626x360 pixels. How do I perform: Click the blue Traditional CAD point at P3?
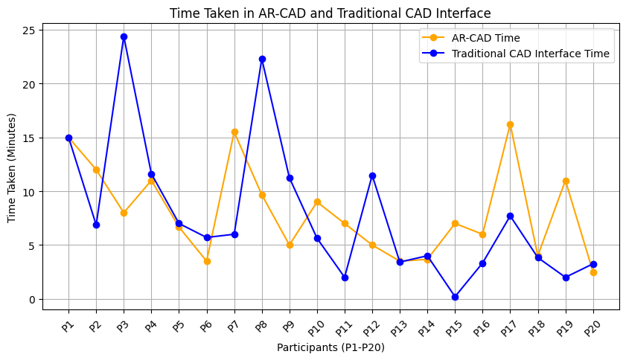124,36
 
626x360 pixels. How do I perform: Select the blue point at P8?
262,59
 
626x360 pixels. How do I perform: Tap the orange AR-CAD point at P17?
510,124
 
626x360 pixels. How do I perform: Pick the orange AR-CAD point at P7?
234,132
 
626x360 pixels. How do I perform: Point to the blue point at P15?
455,297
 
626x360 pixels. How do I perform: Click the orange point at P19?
566,181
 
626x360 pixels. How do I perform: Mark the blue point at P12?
372,176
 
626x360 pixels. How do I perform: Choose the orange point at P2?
96,170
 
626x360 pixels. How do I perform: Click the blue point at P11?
345,277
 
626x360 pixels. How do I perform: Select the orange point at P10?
317,202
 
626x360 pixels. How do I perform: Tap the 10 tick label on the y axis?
30,191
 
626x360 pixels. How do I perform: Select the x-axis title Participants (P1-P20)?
330,347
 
